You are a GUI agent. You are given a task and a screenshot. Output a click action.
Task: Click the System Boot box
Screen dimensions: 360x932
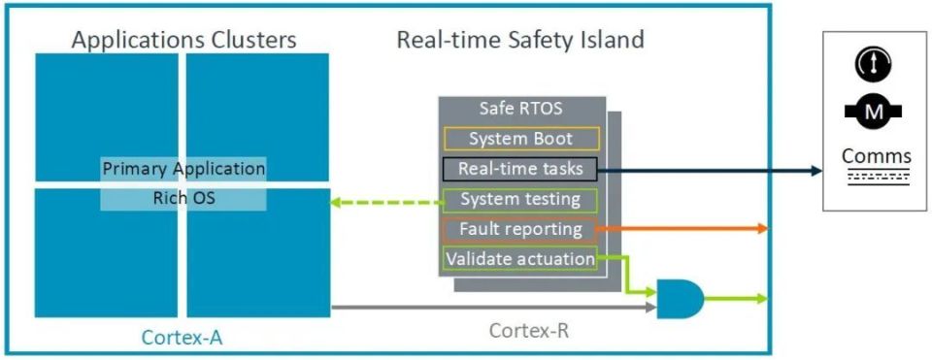click(x=520, y=139)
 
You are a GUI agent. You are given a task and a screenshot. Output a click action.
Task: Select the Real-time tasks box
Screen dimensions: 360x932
click(x=520, y=169)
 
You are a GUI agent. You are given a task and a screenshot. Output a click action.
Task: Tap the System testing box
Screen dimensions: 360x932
click(x=520, y=200)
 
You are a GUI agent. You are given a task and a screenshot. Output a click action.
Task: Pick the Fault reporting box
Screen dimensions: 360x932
click(x=520, y=230)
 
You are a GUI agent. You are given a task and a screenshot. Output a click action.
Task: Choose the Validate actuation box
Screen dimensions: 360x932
click(x=520, y=259)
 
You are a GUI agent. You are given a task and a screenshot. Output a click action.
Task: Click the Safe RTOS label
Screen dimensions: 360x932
click(x=520, y=109)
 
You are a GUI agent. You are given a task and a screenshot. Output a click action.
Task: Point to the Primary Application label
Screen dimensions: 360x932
click(x=183, y=168)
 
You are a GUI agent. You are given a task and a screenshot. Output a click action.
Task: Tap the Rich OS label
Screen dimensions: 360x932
click(x=183, y=198)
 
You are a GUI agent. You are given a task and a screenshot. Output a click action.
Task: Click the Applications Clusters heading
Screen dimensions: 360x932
click(x=183, y=40)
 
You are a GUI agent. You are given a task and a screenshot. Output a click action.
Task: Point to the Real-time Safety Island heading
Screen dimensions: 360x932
click(x=519, y=40)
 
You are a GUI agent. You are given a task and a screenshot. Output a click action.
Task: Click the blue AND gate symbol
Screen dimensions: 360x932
click(x=681, y=299)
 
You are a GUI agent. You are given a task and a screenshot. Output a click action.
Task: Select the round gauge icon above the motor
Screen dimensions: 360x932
click(x=874, y=64)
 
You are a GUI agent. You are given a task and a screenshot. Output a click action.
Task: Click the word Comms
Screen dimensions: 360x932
click(x=876, y=156)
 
